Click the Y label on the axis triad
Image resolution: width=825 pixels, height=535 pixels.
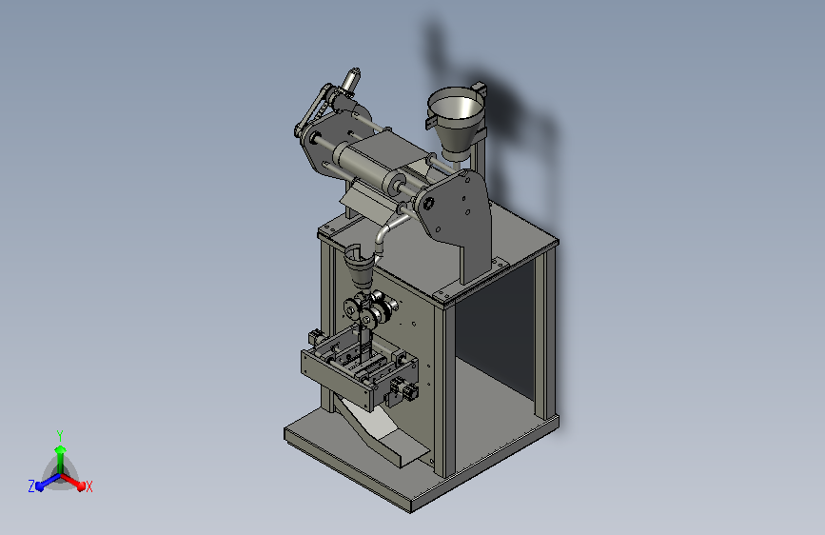click(59, 436)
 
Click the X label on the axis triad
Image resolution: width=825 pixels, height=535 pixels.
click(88, 486)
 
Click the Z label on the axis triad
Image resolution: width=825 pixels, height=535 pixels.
click(31, 486)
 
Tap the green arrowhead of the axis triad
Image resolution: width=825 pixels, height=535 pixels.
click(60, 449)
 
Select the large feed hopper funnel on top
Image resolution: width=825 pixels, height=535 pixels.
click(455, 121)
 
